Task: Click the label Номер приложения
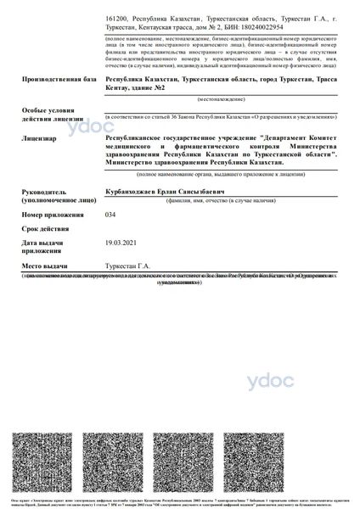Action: [x=55, y=216]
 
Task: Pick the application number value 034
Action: [x=110, y=215]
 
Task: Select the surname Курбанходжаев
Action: [x=133, y=193]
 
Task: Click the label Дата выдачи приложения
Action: [x=44, y=247]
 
